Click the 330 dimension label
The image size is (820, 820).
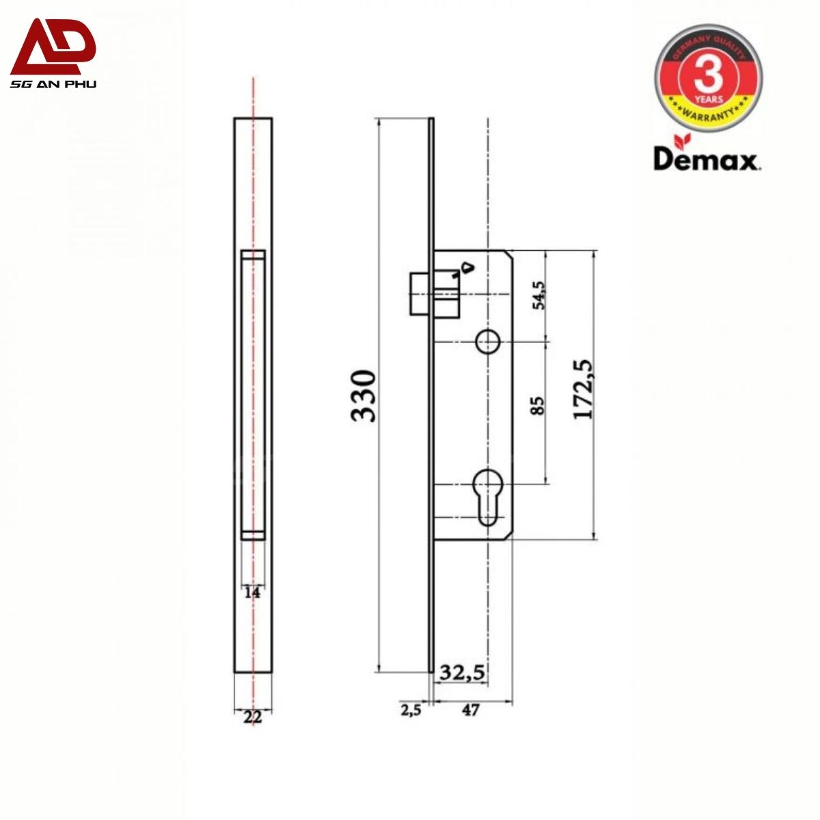point(364,396)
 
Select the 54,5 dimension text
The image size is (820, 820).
point(540,295)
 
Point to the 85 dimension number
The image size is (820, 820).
point(538,405)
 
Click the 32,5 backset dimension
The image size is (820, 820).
point(462,672)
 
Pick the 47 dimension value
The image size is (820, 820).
point(470,710)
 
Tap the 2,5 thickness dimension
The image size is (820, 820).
point(411,710)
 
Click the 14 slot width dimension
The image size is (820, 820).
point(252,592)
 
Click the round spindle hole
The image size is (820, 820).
point(488,342)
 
